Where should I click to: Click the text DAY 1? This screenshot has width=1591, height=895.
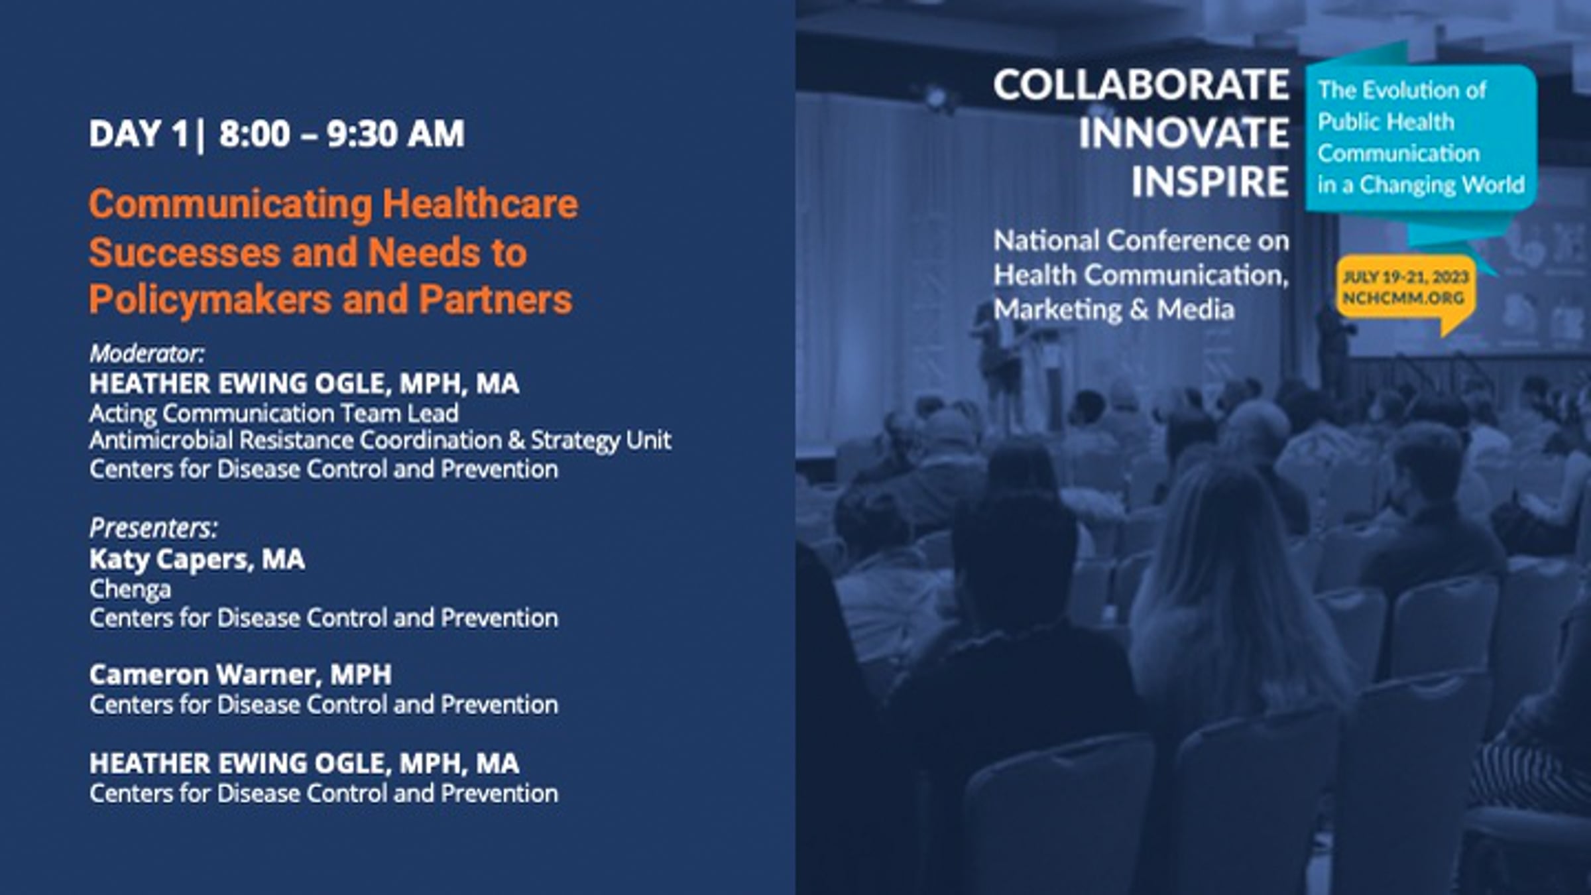(x=139, y=134)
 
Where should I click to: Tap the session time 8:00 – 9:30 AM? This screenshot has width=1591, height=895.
(x=341, y=134)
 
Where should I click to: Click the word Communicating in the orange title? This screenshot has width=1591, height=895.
(x=230, y=204)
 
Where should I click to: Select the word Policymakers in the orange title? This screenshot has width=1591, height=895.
(x=210, y=300)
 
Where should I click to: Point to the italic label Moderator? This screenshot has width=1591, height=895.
(x=147, y=353)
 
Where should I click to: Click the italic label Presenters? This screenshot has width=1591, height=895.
(x=154, y=528)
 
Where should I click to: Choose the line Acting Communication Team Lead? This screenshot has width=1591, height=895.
(x=274, y=414)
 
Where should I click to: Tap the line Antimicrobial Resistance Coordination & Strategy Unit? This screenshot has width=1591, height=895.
(x=381, y=440)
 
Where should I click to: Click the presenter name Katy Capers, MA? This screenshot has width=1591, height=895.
(x=197, y=560)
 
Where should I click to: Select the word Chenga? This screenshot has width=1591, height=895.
(x=130, y=589)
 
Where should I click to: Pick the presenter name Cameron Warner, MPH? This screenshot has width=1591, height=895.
(x=241, y=675)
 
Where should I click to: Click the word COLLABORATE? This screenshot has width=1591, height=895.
(x=1141, y=86)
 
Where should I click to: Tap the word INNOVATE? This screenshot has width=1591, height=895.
(x=1183, y=133)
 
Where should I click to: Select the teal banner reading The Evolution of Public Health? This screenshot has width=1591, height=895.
(x=1421, y=138)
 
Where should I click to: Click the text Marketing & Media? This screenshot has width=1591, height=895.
(x=1114, y=310)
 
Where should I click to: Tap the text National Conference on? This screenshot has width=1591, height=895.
(x=1141, y=241)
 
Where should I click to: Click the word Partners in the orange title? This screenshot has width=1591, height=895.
(x=495, y=300)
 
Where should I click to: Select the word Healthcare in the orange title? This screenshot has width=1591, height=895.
(x=480, y=204)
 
